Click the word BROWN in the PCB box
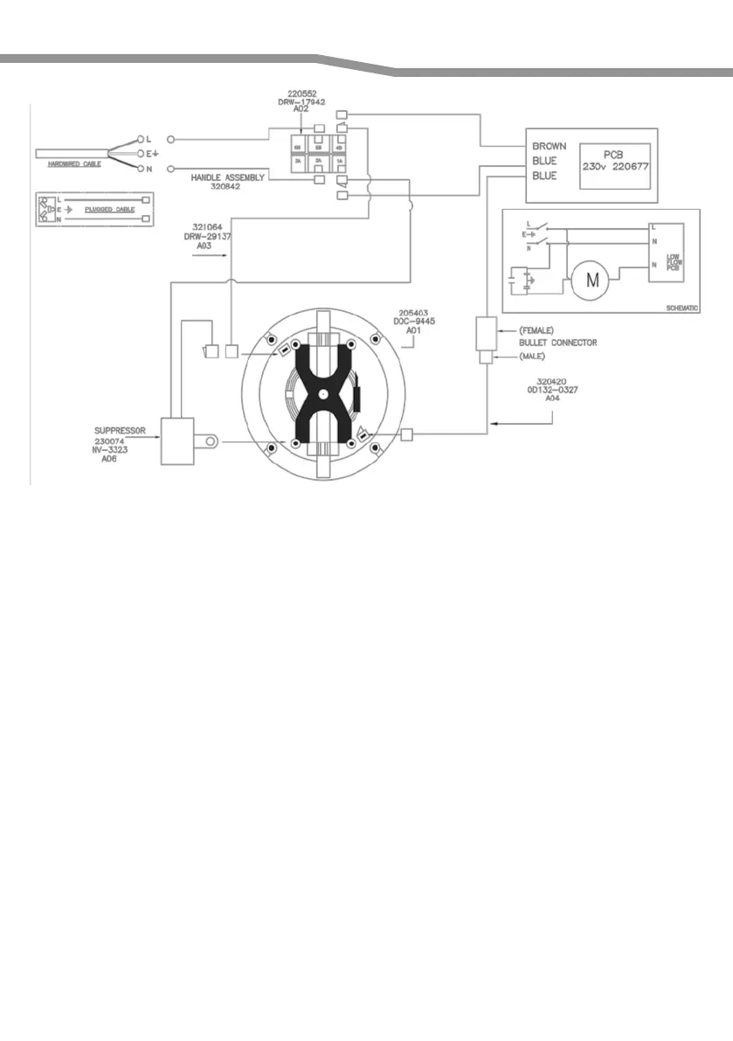pyautogui.click(x=550, y=146)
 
